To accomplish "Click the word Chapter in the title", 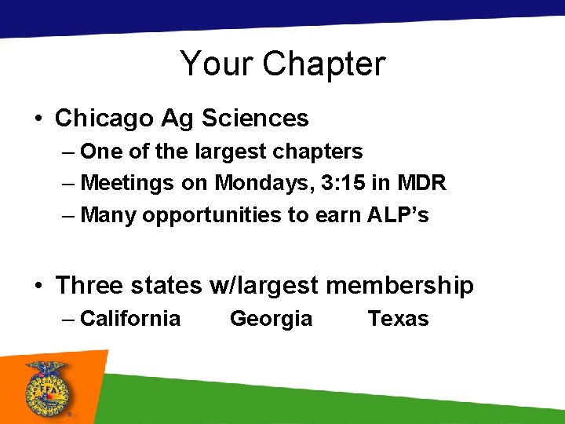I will click(324, 64).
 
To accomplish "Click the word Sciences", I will click(255, 119).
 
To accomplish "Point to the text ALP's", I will click(398, 215).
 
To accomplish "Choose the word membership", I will click(399, 286).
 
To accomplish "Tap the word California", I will click(130, 319).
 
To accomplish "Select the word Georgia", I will click(271, 319).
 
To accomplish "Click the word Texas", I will click(399, 319).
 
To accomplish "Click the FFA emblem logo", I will click(46, 386).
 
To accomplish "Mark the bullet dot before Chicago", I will click(37, 119).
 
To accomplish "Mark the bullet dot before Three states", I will click(37, 287).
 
